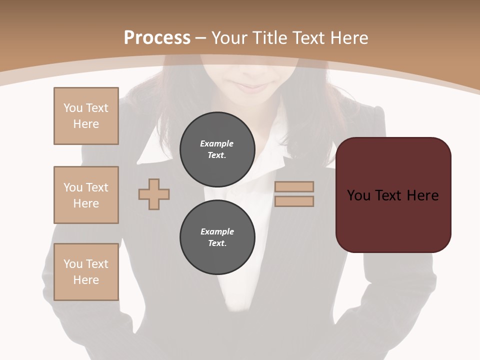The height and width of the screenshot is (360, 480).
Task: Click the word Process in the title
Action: pyautogui.click(x=157, y=37)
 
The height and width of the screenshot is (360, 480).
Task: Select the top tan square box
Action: pyautogui.click(x=86, y=116)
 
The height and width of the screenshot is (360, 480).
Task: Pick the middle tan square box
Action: pyautogui.click(x=86, y=195)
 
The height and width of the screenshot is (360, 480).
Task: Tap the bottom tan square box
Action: pyautogui.click(x=86, y=272)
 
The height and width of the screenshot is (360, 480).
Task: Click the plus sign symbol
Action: pyautogui.click(x=154, y=194)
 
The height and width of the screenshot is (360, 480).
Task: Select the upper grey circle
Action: pyautogui.click(x=217, y=149)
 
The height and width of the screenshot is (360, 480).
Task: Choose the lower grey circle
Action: pyautogui.click(x=217, y=237)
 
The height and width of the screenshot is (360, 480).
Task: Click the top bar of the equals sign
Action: pyautogui.click(x=294, y=186)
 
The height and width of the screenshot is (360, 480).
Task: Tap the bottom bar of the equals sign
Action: pyautogui.click(x=294, y=201)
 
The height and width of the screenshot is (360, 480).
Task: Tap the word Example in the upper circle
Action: pyautogui.click(x=217, y=143)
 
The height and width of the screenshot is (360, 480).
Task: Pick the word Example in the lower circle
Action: pyautogui.click(x=217, y=231)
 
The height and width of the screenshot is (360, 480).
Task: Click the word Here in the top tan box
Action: pyautogui.click(x=86, y=124)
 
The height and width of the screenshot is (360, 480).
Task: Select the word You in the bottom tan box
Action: pyautogui.click(x=73, y=264)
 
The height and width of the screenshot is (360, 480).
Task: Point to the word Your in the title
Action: pyautogui.click(x=231, y=37)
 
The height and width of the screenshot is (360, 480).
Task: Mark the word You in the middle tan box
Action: pyautogui.click(x=73, y=187)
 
